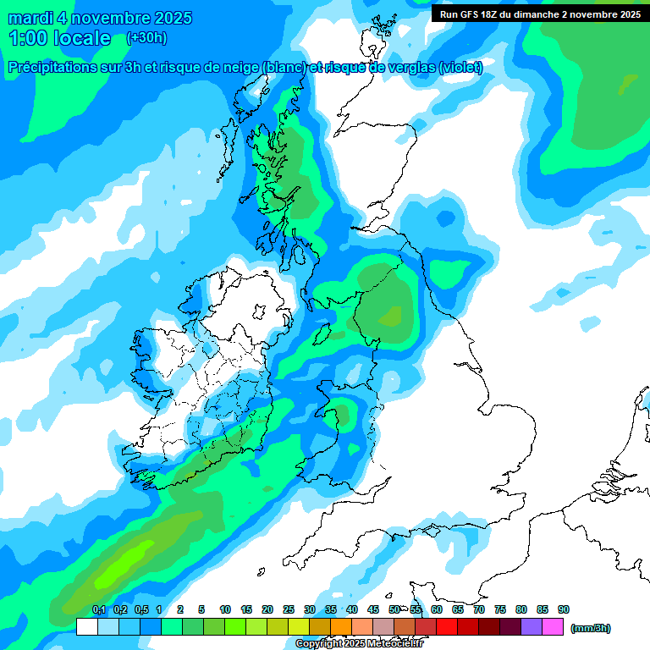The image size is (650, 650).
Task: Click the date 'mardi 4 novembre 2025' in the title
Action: pyautogui.click(x=100, y=18)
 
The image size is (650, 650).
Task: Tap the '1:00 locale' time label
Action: pyautogui.click(x=59, y=38)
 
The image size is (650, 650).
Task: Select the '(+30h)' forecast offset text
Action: pyautogui.click(x=146, y=38)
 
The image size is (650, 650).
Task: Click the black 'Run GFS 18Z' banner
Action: pyautogui.click(x=539, y=14)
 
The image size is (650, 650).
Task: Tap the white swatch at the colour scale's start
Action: pyautogui.click(x=86, y=627)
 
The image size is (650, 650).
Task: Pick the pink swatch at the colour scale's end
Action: pyautogui.click(x=553, y=627)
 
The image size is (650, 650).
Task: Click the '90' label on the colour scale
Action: pyautogui.click(x=564, y=609)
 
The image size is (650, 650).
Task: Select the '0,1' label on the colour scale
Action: pyautogui.click(x=98, y=609)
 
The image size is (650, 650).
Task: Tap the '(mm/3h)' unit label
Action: pyautogui.click(x=591, y=628)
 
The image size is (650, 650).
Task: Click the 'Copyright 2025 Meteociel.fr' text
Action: pyautogui.click(x=360, y=643)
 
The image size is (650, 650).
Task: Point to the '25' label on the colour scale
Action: pyautogui.click(x=289, y=609)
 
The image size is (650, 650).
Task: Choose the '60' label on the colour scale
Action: pyautogui.click(x=437, y=609)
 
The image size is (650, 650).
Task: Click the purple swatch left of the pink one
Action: pyautogui.click(x=532, y=627)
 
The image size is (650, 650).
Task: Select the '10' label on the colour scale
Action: pyautogui.click(x=225, y=609)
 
